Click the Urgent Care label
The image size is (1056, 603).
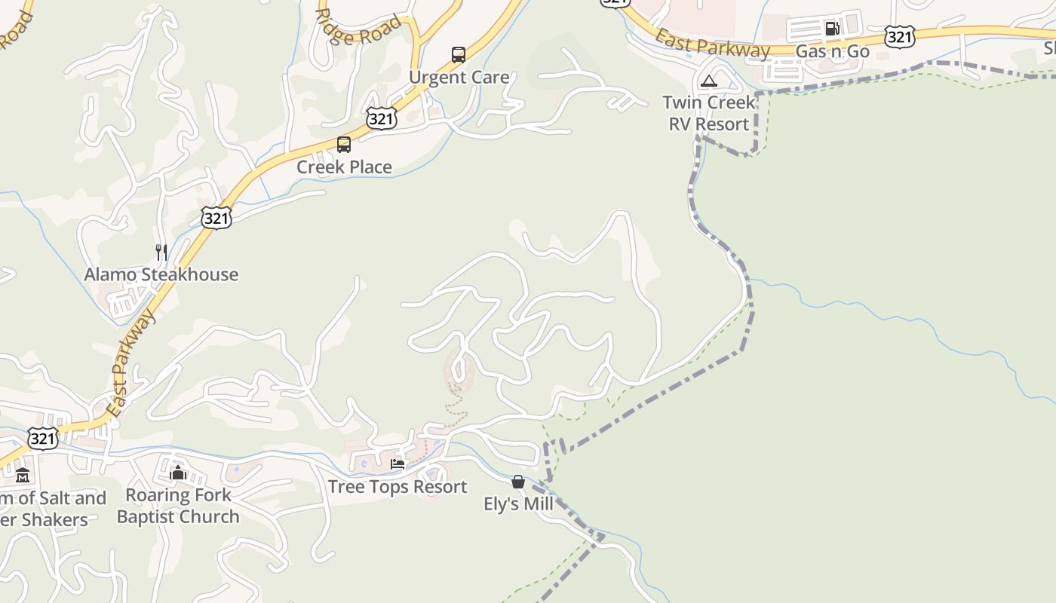[x=459, y=78]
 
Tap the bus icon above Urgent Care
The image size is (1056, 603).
[x=459, y=54]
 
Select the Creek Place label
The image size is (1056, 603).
[x=344, y=167]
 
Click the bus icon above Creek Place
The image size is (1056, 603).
[x=344, y=145]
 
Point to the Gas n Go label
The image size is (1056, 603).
[x=833, y=52]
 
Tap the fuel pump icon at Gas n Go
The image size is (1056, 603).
[x=832, y=29]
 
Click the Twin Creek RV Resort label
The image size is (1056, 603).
[x=709, y=113]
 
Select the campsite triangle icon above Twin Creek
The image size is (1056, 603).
[x=708, y=81]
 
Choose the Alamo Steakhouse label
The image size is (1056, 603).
[x=161, y=274]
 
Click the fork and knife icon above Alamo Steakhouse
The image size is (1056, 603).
[x=161, y=252]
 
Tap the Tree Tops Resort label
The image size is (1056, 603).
[x=398, y=487]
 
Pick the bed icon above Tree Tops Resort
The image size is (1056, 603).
[x=398, y=464]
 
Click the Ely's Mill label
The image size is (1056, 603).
[x=518, y=504]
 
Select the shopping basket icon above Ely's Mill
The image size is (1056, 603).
[x=518, y=482]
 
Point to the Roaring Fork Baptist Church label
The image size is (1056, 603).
[x=178, y=506]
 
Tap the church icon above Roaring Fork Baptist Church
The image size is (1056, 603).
[x=178, y=473]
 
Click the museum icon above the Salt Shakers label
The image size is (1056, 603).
[x=23, y=476]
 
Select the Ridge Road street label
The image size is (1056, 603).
[x=358, y=28]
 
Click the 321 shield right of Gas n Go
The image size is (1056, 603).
[x=901, y=36]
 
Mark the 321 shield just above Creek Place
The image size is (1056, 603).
[x=382, y=118]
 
